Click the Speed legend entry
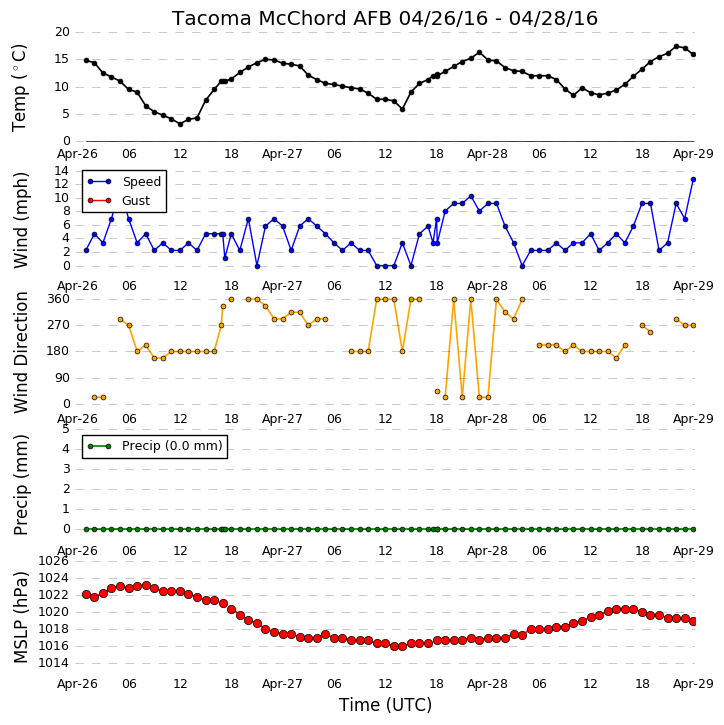click(x=124, y=182)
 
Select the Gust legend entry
click(x=119, y=201)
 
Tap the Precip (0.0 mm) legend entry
click(x=155, y=446)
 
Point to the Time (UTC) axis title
click(x=385, y=705)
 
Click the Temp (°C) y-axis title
click(x=19, y=88)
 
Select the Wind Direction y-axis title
click(x=21, y=352)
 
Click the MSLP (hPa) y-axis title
click(x=21, y=617)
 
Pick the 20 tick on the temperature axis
click(x=62, y=32)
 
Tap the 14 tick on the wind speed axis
click(x=61, y=171)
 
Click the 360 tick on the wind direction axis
click(x=59, y=299)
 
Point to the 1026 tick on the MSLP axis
click(x=53, y=561)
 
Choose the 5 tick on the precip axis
click(x=66, y=429)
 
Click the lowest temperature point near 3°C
click(x=180, y=124)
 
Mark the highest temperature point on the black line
click(x=676, y=47)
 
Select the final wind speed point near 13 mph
click(x=693, y=179)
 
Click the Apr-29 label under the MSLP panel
click(x=693, y=683)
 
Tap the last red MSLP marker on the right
click(x=693, y=621)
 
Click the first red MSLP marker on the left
click(x=86, y=594)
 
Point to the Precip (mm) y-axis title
click(x=21, y=485)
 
